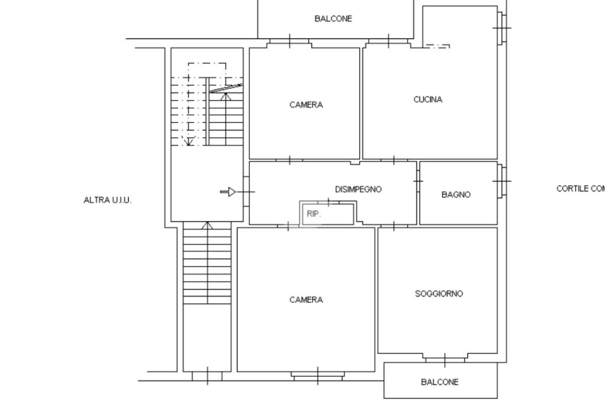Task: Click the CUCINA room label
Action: pos(428,99)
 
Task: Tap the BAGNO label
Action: pos(456,194)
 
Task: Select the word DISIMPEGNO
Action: pos(358,189)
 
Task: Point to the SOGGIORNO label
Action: pos(439,293)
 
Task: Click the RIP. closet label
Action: pos(314,214)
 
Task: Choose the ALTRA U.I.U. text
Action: pos(108,200)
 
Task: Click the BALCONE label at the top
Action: pos(333,18)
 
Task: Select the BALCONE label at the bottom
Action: pos(440,382)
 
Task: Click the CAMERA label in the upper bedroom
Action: pos(306,105)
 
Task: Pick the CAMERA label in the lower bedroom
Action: pos(306,300)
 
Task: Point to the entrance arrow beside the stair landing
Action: pos(228,192)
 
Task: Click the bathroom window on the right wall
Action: pos(502,181)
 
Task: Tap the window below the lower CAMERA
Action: pos(317,376)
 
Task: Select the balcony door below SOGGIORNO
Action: pos(445,358)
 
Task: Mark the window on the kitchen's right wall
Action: pos(502,28)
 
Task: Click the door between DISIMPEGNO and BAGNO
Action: pos(418,181)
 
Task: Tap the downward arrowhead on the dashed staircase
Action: pos(188,141)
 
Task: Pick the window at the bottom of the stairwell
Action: pos(207,376)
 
